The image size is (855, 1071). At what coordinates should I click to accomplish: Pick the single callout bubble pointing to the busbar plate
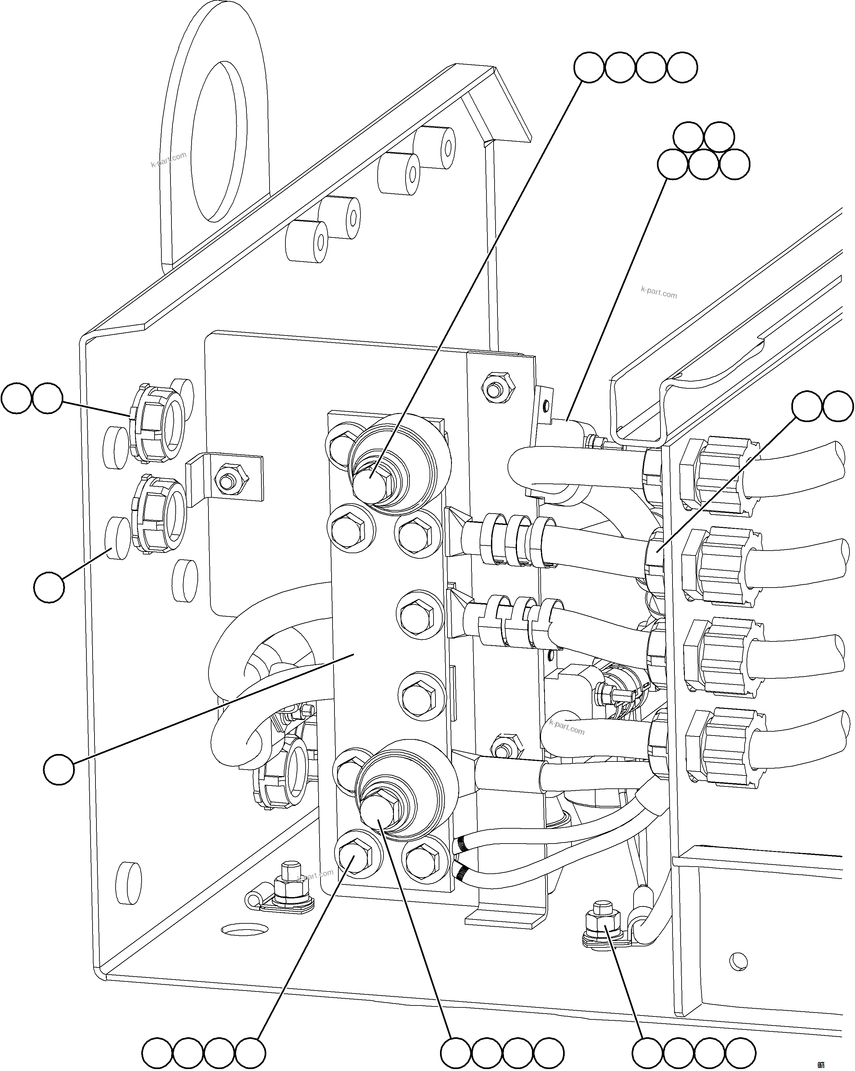tap(59, 770)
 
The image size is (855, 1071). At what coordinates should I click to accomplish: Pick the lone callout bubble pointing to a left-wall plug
tap(49, 587)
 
